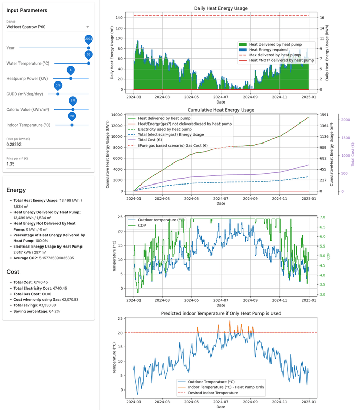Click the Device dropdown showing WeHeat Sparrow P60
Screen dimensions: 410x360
point(47,27)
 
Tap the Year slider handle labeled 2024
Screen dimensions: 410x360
point(88,48)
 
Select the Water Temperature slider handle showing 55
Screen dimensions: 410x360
point(88,64)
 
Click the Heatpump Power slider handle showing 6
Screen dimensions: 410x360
point(71,79)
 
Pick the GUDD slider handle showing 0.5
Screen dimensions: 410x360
point(58,94)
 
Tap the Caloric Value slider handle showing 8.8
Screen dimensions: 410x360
point(73,110)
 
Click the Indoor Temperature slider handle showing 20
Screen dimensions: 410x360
point(72,125)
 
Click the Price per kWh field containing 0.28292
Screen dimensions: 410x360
point(47,145)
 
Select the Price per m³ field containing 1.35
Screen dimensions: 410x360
point(47,165)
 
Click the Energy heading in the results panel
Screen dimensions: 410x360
point(16,190)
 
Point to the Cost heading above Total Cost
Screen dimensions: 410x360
point(13,272)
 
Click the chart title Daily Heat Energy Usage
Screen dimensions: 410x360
point(221,9)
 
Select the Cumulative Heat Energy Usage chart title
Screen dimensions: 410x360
point(221,110)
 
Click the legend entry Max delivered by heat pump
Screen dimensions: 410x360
point(274,55)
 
